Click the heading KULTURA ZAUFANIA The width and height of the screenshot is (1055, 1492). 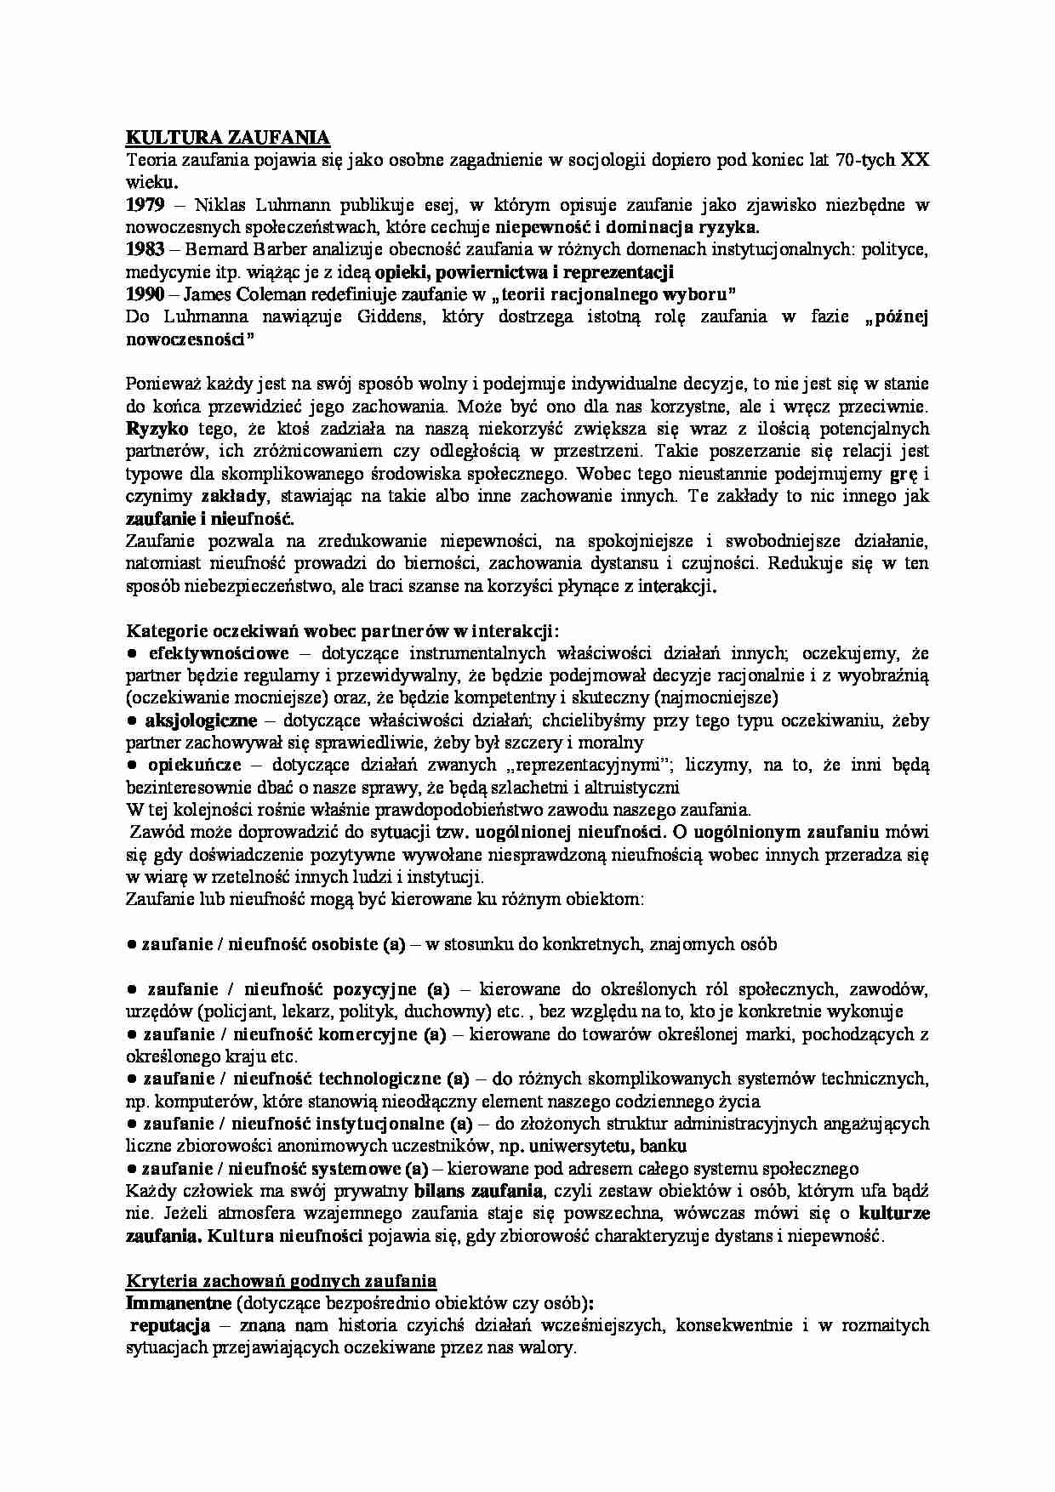click(x=228, y=138)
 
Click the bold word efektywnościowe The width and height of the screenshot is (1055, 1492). click(x=219, y=653)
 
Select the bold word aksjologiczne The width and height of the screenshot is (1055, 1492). click(x=201, y=720)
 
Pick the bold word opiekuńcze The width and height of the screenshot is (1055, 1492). click(x=195, y=765)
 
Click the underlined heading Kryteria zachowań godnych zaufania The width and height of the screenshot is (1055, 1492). click(x=281, y=1280)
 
